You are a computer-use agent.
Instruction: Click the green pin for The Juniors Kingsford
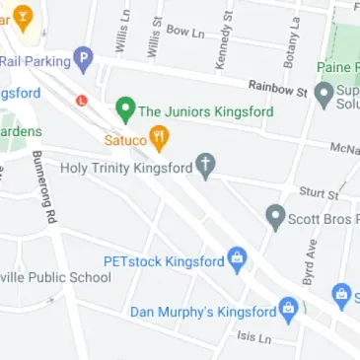pyautogui.click(x=125, y=108)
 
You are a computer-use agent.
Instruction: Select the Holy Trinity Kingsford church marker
pyautogui.click(x=205, y=166)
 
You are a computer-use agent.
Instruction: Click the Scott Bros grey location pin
pyautogui.click(x=276, y=216)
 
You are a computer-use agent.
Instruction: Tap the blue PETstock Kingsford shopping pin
pyautogui.click(x=237, y=260)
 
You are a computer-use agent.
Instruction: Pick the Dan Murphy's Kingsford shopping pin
pyautogui.click(x=288, y=310)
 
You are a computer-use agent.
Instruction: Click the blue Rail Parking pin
pyautogui.click(x=84, y=60)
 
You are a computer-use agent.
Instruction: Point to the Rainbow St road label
pyautogui.click(x=278, y=89)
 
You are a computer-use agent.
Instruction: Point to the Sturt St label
pyautogui.click(x=319, y=194)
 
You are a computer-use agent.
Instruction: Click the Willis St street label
pyautogui.click(x=154, y=37)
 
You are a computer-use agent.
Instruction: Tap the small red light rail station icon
pyautogui.click(x=82, y=100)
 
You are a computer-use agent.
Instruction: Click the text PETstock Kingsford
pyautogui.click(x=164, y=261)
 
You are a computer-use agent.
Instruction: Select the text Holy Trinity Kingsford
pyautogui.click(x=126, y=168)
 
